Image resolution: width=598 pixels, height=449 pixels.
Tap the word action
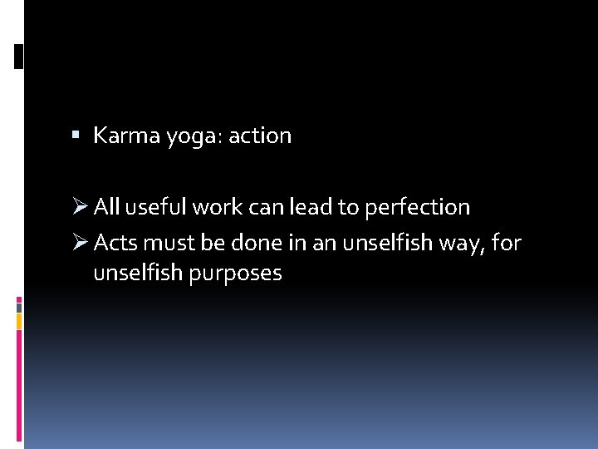[x=259, y=136]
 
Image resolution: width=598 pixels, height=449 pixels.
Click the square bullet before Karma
[x=76, y=135]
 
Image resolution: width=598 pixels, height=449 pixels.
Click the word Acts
[x=115, y=243]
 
